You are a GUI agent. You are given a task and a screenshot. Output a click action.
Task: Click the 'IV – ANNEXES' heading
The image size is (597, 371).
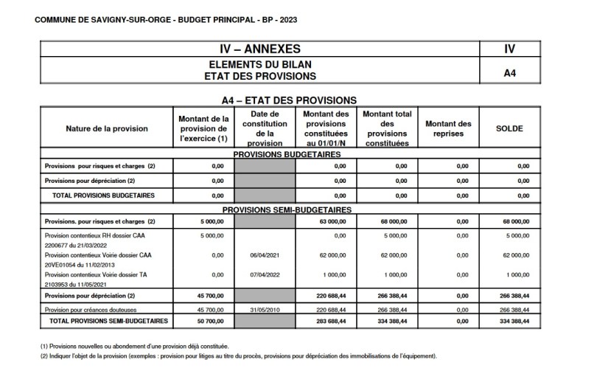coord(260,49)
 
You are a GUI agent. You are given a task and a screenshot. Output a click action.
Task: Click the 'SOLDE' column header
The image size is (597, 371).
coord(509,128)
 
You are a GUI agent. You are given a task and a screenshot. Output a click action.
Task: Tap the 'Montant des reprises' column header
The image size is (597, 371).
coord(448,128)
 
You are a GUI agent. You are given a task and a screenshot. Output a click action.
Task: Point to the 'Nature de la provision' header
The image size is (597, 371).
coord(107,128)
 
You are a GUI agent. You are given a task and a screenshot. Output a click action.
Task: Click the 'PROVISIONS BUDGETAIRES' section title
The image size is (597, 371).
coord(286,154)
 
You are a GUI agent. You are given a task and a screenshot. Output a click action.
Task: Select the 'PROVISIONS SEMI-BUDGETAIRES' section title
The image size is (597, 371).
coord(286,209)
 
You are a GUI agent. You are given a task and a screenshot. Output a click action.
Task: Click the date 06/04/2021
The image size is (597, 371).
coord(265,255)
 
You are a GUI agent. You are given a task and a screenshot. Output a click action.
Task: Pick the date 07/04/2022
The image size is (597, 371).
coord(265,274)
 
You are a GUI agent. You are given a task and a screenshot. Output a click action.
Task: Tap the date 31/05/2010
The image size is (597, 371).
coord(265,310)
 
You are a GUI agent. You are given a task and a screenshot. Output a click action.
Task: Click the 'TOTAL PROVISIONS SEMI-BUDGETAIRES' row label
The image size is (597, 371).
coord(109,322)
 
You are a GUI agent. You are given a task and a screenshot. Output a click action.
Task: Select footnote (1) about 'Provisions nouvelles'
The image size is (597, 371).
coord(134,346)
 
